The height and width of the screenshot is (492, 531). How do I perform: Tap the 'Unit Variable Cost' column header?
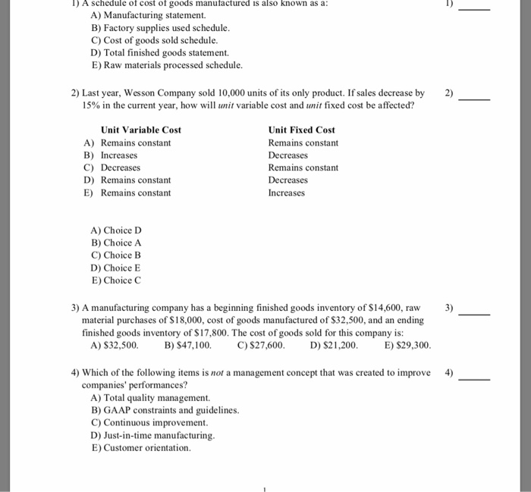click(141, 130)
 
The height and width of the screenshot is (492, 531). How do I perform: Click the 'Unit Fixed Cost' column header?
click(301, 130)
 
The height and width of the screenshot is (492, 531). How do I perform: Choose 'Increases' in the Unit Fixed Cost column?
click(287, 193)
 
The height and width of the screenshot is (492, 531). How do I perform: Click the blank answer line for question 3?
click(475, 313)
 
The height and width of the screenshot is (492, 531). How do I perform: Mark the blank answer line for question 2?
click(475, 99)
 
